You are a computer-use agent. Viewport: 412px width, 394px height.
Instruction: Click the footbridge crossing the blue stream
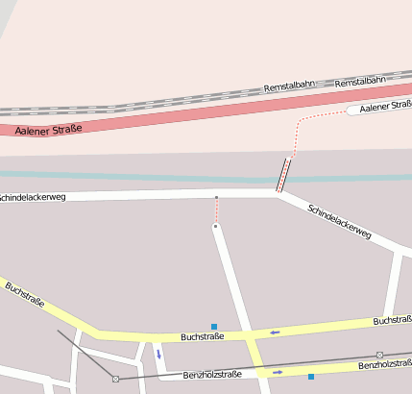click(284, 174)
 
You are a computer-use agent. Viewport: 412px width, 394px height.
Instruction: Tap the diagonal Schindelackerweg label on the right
click(339, 221)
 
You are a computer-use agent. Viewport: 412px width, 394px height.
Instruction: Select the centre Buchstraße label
click(202, 337)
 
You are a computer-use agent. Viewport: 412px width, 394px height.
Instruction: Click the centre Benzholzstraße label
click(212, 374)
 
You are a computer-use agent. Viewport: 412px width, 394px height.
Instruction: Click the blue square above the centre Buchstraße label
click(214, 327)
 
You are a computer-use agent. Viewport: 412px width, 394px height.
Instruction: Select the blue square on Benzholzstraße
click(311, 376)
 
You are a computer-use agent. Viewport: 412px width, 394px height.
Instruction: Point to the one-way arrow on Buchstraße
click(275, 332)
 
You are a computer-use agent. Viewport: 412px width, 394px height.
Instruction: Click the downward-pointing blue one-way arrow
click(158, 355)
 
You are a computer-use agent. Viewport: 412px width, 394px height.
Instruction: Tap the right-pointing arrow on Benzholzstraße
click(278, 371)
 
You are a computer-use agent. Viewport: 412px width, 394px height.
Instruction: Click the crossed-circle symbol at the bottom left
click(115, 379)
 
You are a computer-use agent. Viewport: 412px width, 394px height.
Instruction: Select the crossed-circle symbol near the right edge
click(379, 356)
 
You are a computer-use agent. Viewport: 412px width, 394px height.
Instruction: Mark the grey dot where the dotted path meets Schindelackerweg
click(217, 198)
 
